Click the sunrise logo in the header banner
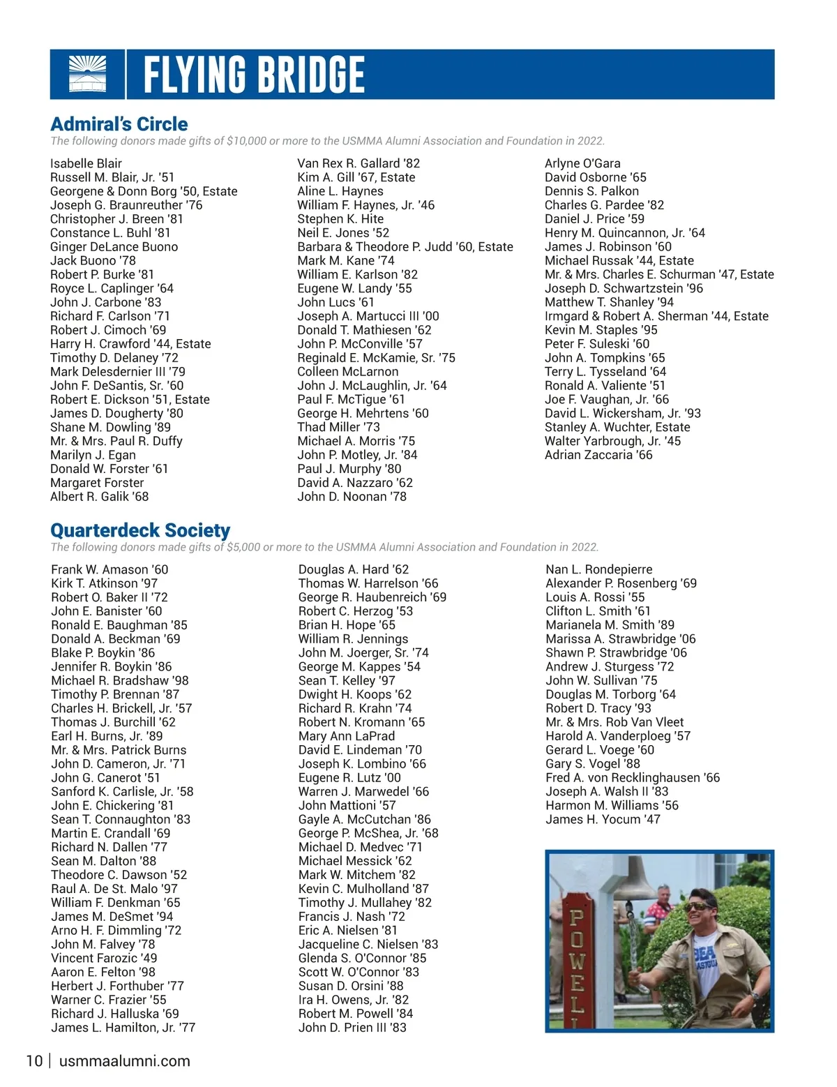[x=88, y=74]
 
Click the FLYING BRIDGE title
[x=254, y=75]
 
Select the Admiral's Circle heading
[x=119, y=124]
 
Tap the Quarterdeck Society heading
[x=140, y=530]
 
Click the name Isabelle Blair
[x=86, y=163]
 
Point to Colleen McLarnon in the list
[x=348, y=372]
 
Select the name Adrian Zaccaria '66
[x=598, y=455]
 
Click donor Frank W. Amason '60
[x=110, y=570]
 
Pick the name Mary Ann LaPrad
[x=347, y=736]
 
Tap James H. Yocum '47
[x=603, y=819]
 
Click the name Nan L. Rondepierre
[x=599, y=570]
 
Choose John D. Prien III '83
[x=352, y=1028]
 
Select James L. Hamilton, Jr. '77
[x=123, y=1028]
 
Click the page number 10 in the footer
[x=34, y=1061]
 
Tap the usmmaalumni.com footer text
[x=125, y=1061]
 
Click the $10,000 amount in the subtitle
[x=246, y=141]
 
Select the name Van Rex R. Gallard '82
[x=359, y=163]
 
